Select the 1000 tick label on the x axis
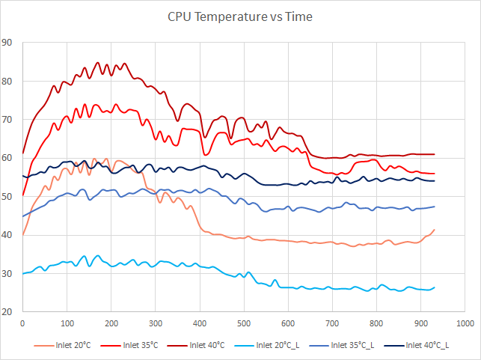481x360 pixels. point(464,323)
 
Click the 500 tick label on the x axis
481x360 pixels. point(243,323)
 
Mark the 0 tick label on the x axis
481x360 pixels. point(22,323)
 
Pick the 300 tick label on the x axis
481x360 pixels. point(155,323)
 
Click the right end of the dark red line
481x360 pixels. point(434,154)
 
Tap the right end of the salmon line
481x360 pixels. point(434,230)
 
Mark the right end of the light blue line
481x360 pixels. point(434,287)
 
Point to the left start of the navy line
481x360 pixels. point(23,176)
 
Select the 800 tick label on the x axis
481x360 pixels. point(376,323)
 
